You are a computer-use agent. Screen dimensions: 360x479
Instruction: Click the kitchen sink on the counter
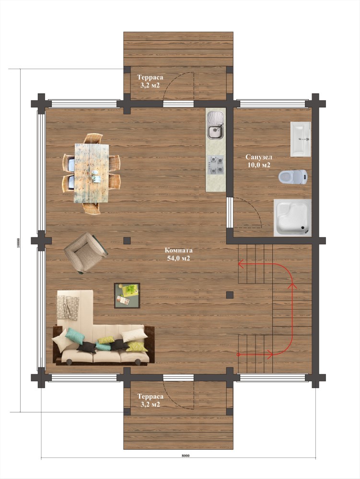(x=215, y=125)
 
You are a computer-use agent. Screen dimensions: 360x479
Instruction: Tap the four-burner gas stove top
(x=215, y=165)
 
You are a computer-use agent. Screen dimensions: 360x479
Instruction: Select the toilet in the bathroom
(x=293, y=177)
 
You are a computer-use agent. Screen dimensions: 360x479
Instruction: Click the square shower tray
(x=292, y=217)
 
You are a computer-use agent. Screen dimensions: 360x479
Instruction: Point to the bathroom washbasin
(x=301, y=139)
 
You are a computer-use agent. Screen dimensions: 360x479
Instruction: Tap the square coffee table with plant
(x=127, y=296)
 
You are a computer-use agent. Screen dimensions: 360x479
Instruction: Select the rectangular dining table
(x=92, y=173)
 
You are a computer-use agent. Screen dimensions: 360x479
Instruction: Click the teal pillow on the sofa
(x=75, y=336)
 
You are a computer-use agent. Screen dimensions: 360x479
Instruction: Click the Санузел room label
(x=259, y=157)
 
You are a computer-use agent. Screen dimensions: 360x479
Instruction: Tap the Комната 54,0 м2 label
(x=179, y=254)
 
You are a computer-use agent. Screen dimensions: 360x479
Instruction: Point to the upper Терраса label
(x=150, y=77)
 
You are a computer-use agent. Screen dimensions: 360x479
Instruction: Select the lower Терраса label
(x=150, y=397)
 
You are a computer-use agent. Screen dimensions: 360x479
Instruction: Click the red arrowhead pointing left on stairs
(x=241, y=263)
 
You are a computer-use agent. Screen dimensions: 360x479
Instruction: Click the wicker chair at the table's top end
(x=93, y=139)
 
